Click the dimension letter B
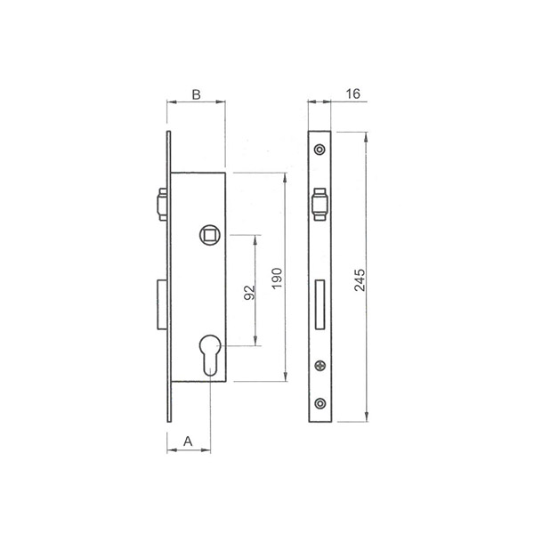pyautogui.click(x=196, y=94)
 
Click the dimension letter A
pyautogui.click(x=188, y=441)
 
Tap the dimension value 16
pyautogui.click(x=352, y=93)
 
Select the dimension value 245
pyautogui.click(x=360, y=280)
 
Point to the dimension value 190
pyautogui.click(x=277, y=278)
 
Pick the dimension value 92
pyautogui.click(x=249, y=293)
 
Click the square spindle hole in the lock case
pyautogui.click(x=210, y=235)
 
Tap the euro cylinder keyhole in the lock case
pyautogui.click(x=209, y=355)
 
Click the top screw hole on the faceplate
pyautogui.click(x=320, y=150)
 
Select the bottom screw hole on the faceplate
pyautogui.click(x=320, y=403)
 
